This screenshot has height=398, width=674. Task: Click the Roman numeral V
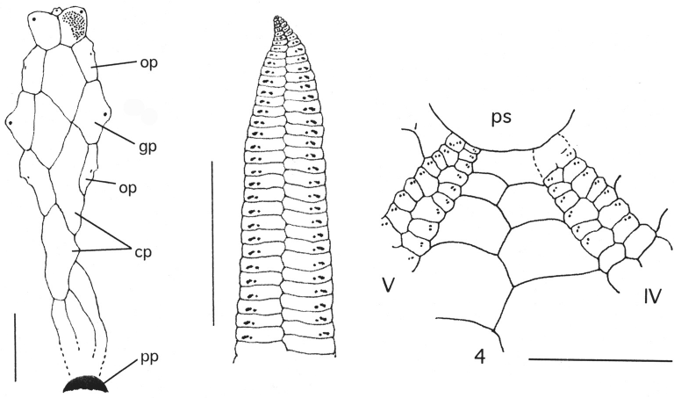pos(390,286)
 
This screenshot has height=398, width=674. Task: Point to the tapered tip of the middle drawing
pos(281,22)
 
